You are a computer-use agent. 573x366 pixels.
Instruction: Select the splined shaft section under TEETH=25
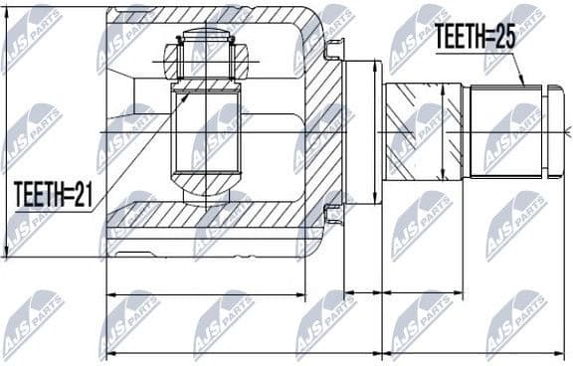[x=505, y=132]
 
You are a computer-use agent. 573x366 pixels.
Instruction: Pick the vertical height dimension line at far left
[x=8, y=132]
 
